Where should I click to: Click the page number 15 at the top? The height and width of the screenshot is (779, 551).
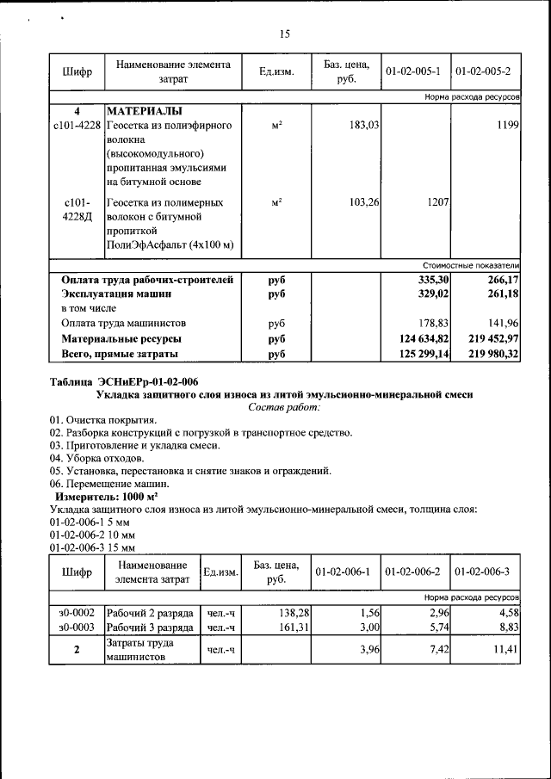pyautogui.click(x=285, y=34)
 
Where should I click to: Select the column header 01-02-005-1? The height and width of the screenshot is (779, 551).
pyautogui.click(x=413, y=71)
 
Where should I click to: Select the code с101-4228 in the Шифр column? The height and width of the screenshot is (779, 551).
pyautogui.click(x=77, y=126)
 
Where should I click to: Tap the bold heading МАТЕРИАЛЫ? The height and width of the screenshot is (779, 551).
pyautogui.click(x=144, y=112)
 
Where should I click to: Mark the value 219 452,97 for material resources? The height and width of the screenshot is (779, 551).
pyautogui.click(x=490, y=339)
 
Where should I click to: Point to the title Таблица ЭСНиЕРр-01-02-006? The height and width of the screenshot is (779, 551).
pyautogui.click(x=129, y=382)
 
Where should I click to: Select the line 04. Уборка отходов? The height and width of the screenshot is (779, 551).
pyautogui.click(x=96, y=458)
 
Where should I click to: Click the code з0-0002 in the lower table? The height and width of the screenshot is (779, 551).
pyautogui.click(x=77, y=612)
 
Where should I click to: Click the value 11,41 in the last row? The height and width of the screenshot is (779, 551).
pyautogui.click(x=503, y=651)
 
